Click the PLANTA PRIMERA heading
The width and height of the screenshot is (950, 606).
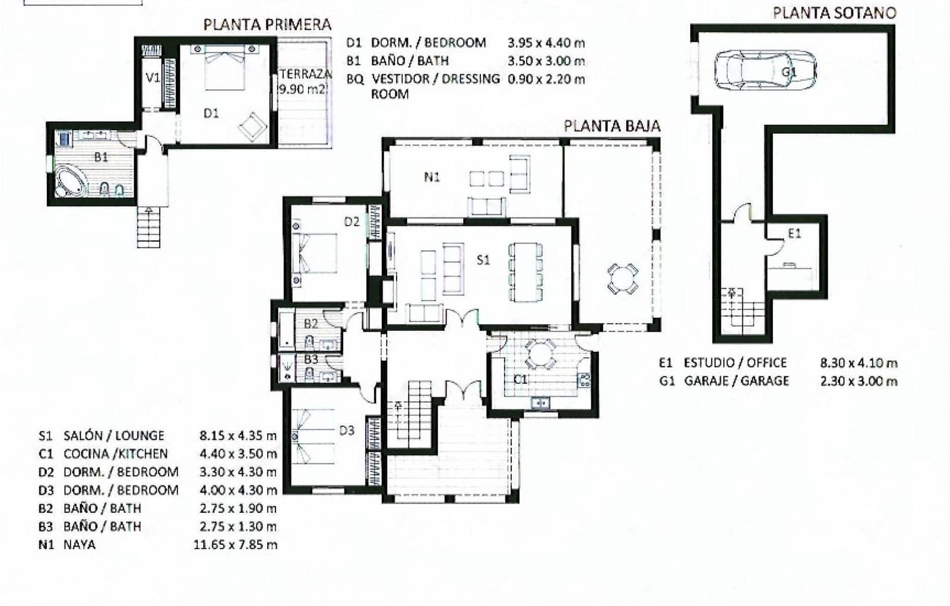click(267, 25)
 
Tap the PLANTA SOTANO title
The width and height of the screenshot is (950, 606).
click(834, 13)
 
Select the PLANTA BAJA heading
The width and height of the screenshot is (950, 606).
click(612, 126)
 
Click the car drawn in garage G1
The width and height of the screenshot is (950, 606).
click(765, 70)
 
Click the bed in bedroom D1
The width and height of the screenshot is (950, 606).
click(226, 68)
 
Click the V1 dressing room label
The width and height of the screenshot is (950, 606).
click(153, 77)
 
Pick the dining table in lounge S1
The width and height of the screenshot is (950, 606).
click(525, 272)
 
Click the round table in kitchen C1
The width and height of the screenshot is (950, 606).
click(540, 353)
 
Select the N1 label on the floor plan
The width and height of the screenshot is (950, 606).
click(432, 177)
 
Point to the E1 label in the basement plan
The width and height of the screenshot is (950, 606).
click(794, 234)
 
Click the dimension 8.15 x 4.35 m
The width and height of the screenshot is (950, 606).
click(238, 435)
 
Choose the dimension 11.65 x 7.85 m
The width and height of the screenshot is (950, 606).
click(235, 544)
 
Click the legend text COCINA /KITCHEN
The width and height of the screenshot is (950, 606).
click(115, 454)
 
